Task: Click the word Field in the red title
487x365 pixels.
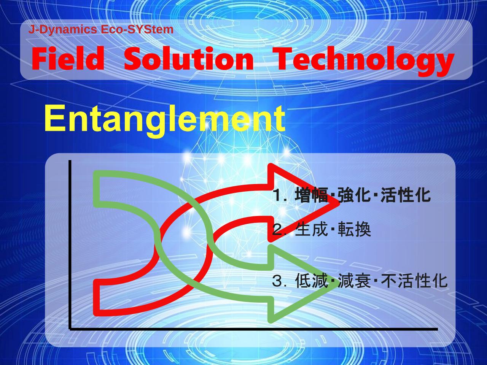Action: coord(68,59)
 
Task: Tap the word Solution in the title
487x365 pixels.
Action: coord(189,59)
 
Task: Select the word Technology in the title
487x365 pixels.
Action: coord(364,61)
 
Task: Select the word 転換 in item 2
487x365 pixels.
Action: coord(354,229)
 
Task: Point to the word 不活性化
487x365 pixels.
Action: coord(414,281)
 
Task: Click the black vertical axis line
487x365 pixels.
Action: coord(70,245)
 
